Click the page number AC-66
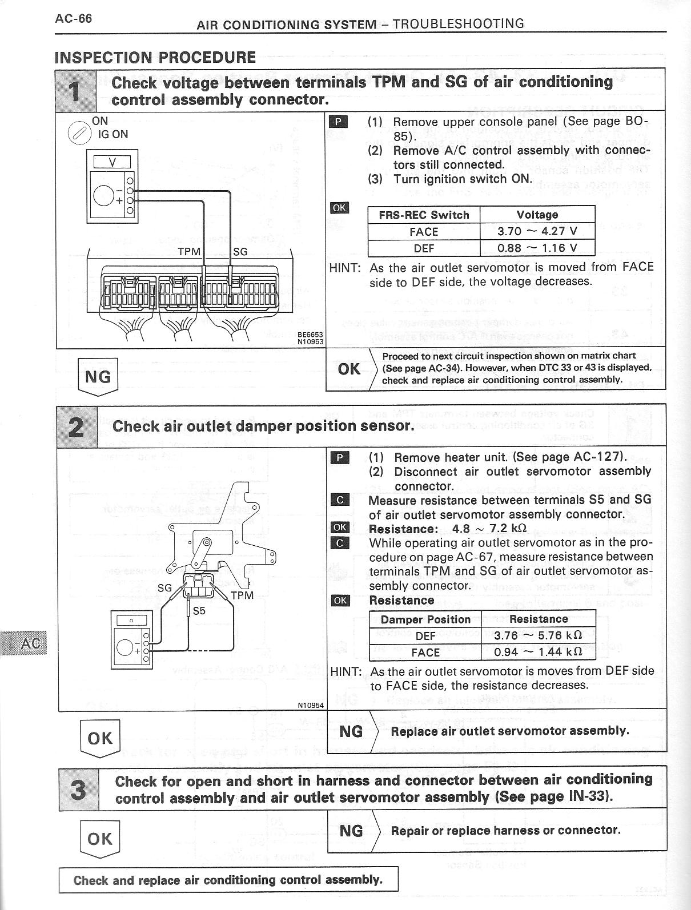(x=73, y=18)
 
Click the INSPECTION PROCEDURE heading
(x=155, y=57)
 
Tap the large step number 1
(x=76, y=90)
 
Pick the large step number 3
(x=78, y=789)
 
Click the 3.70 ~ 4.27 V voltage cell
(x=537, y=232)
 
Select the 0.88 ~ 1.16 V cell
(x=537, y=248)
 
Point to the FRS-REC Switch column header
(x=424, y=215)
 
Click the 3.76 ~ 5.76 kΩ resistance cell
(x=538, y=635)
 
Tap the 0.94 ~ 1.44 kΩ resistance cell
(x=538, y=652)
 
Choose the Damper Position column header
(x=425, y=619)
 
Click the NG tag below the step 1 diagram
(x=97, y=376)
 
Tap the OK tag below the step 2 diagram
(x=99, y=738)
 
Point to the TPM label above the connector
(x=189, y=251)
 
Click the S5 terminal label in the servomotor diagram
(x=199, y=610)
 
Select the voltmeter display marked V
(x=112, y=162)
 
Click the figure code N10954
(x=311, y=705)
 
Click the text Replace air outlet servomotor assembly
(x=510, y=731)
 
